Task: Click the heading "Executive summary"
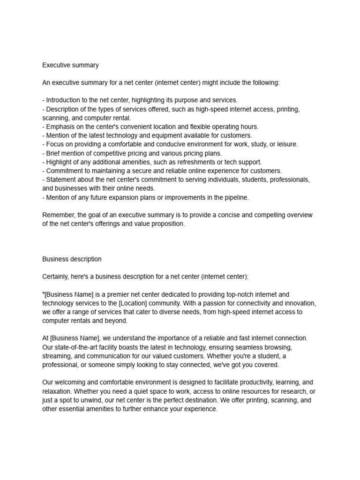pos(70,65)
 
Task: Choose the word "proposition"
pos(167,224)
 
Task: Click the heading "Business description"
pos(72,259)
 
